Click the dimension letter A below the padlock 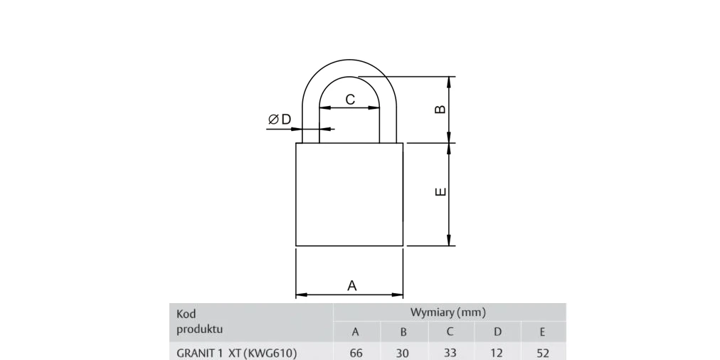(x=351, y=285)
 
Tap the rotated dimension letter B (x=440, y=110)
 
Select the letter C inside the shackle (x=350, y=99)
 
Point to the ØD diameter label (x=280, y=120)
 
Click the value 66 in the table (x=356, y=353)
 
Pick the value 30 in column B (x=403, y=353)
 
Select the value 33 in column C (x=450, y=353)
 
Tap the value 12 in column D (x=497, y=353)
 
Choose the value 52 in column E (x=543, y=353)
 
